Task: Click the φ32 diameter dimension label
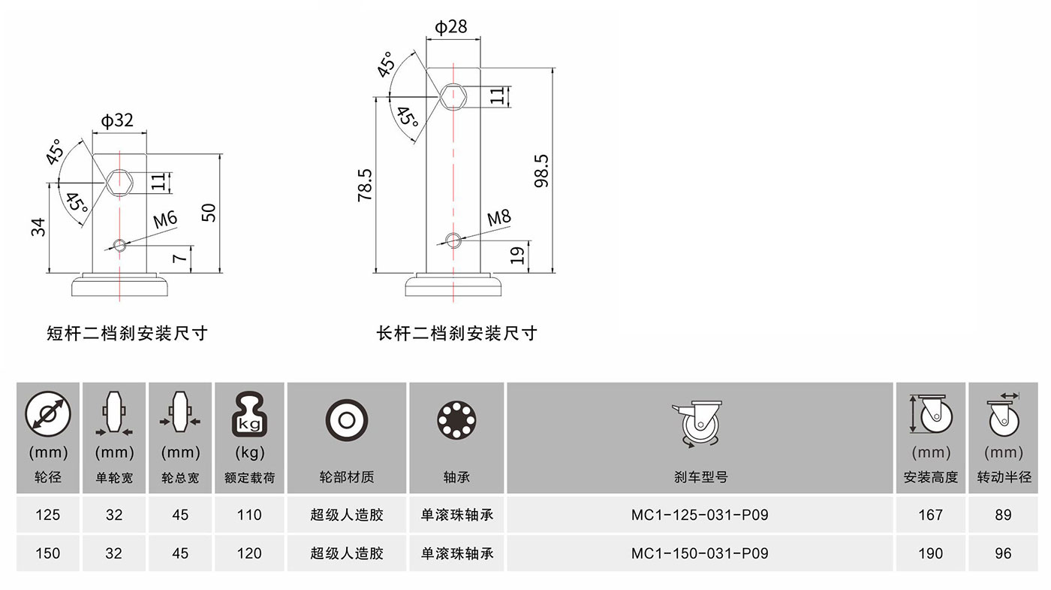[117, 121]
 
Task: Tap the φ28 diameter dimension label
[451, 27]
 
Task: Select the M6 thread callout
[165, 219]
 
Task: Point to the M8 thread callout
[498, 218]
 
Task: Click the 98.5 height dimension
[541, 171]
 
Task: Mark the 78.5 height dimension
[365, 186]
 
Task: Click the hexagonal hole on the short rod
[119, 182]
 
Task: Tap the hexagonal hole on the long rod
[453, 97]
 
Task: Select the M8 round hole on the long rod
[453, 241]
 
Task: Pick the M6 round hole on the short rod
[119, 245]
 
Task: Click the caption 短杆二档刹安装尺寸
[127, 333]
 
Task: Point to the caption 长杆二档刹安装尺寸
[457, 333]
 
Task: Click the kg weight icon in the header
[249, 414]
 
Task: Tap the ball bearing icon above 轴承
[456, 420]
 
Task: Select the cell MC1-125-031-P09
[700, 515]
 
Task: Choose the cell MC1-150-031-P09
[700, 553]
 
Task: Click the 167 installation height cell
[930, 515]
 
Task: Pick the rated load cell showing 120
[249, 553]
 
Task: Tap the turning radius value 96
[1003, 553]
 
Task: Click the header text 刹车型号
[700, 477]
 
